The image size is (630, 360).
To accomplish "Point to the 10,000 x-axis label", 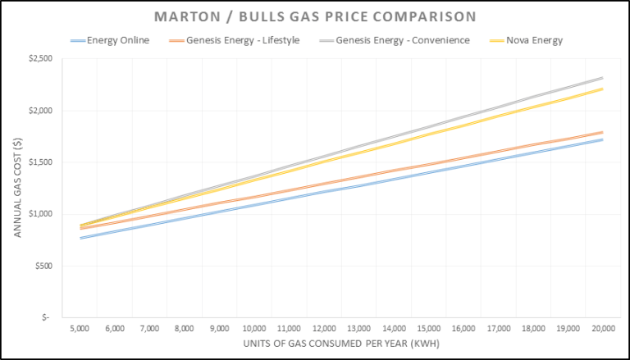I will coord(255,328).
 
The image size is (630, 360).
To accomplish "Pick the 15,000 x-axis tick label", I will coord(430,328).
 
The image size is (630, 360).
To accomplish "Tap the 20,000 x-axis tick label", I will coord(603,328).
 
